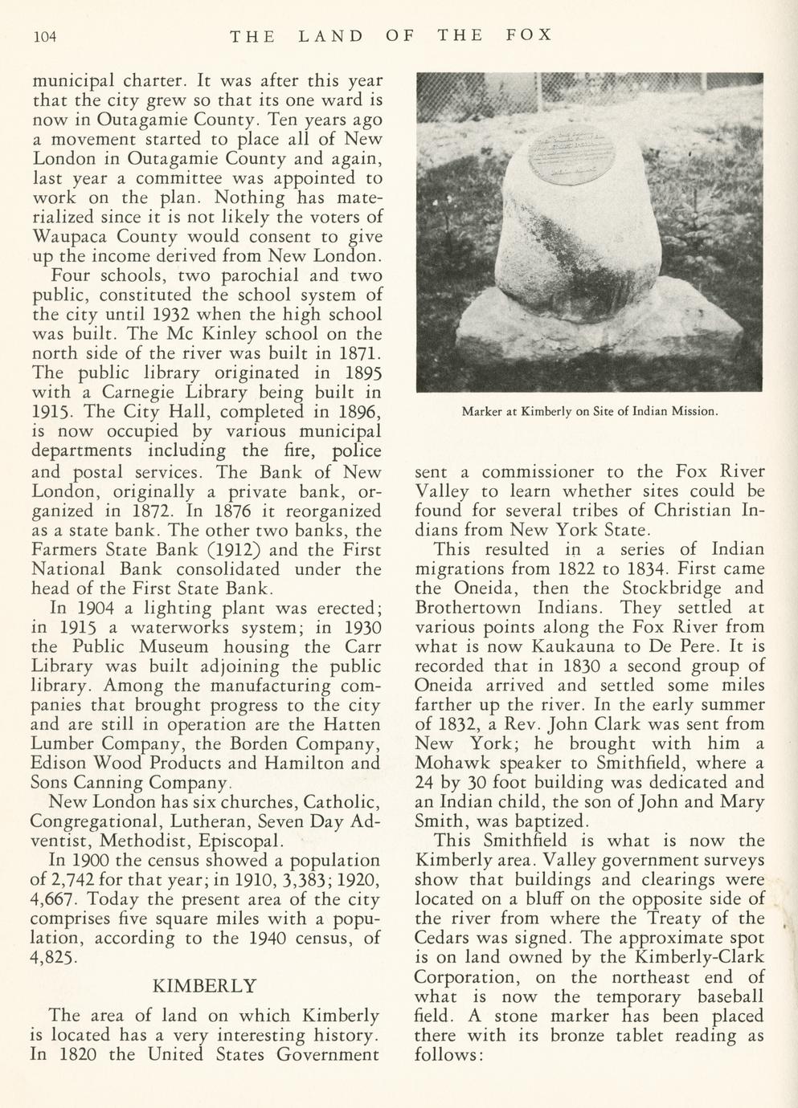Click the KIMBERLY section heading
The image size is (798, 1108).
click(x=204, y=985)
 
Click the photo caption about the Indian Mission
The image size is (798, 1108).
click(x=589, y=412)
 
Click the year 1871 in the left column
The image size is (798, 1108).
click(x=354, y=353)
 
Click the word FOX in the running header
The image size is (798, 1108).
click(x=530, y=35)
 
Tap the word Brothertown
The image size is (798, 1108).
click(x=464, y=608)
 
